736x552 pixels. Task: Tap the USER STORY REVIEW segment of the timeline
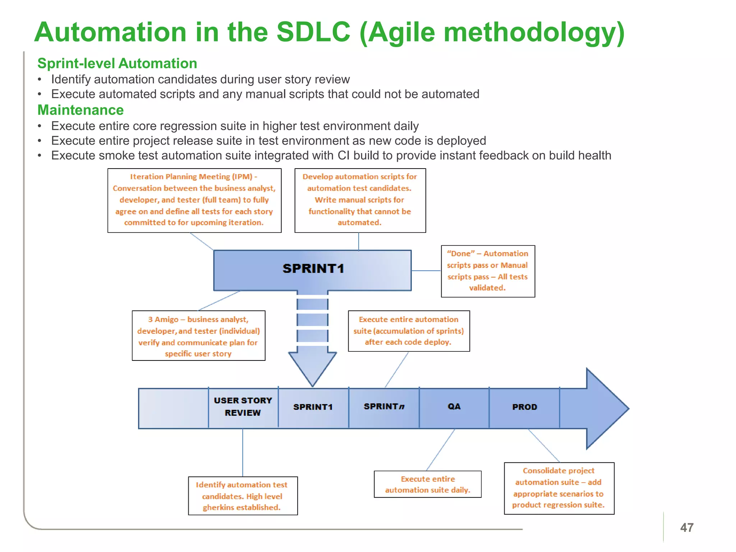pos(243,407)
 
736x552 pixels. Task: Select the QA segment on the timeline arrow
pos(454,407)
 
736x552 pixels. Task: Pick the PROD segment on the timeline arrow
pos(524,407)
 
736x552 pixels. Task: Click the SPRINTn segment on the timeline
pos(384,407)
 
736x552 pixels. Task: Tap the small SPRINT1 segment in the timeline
pos(313,407)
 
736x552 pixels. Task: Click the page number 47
pos(686,528)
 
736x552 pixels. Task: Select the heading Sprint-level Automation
pos(117,64)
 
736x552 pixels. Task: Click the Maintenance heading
pos(80,110)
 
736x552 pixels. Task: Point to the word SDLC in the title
pos(313,32)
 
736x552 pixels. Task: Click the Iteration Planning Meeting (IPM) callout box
pos(194,200)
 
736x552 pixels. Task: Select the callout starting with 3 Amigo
pos(198,336)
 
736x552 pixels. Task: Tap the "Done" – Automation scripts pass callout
pos(488,271)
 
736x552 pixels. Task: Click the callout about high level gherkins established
pos(243,496)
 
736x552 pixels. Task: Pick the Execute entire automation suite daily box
pos(427,484)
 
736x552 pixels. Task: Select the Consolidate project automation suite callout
pos(559,488)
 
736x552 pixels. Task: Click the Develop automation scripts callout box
pos(360,200)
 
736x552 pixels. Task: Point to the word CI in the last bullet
pos(344,156)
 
